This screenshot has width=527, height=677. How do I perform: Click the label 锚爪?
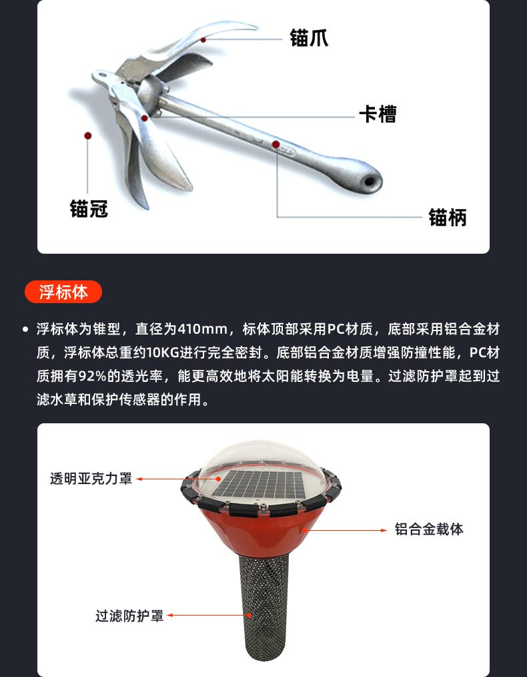pyautogui.click(x=309, y=38)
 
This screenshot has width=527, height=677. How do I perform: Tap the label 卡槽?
pyautogui.click(x=378, y=114)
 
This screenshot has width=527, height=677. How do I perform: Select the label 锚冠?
pyautogui.click(x=89, y=208)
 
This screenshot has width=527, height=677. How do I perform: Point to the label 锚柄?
pyautogui.click(x=448, y=217)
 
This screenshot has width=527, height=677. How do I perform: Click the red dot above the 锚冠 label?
pyautogui.click(x=88, y=136)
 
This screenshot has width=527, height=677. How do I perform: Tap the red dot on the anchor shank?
pyautogui.click(x=276, y=144)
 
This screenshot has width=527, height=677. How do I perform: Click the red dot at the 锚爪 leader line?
pyautogui.click(x=203, y=39)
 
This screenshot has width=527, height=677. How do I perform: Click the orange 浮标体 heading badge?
pyautogui.click(x=63, y=292)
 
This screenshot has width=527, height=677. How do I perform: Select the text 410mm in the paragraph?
pyautogui.click(x=202, y=329)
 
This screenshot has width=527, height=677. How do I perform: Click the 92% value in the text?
pyautogui.click(x=92, y=376)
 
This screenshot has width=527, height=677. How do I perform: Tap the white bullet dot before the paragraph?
pyautogui.click(x=25, y=329)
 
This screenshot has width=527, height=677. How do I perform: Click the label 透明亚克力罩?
pyautogui.click(x=91, y=479)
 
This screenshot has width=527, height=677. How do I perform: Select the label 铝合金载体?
pyautogui.click(x=429, y=529)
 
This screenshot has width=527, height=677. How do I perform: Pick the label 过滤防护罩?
pyautogui.click(x=129, y=616)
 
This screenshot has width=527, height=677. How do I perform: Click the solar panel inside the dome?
pyautogui.click(x=259, y=484)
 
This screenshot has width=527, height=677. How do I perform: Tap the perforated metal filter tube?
pyautogui.click(x=263, y=607)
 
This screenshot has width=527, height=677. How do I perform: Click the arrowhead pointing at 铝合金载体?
pyautogui.click(x=384, y=530)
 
